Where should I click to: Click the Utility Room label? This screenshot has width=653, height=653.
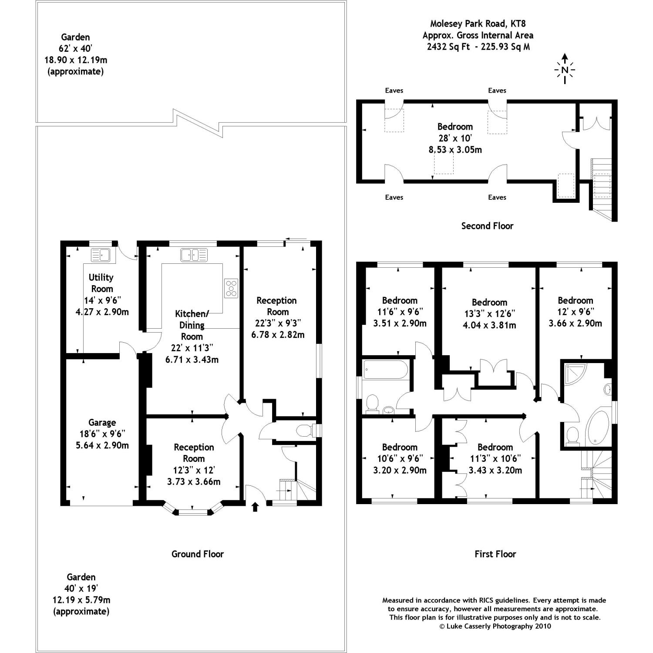click(101, 283)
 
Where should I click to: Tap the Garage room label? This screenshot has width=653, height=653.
click(102, 422)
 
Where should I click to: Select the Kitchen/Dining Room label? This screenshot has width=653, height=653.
click(192, 325)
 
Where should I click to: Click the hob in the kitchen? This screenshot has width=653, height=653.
click(231, 288)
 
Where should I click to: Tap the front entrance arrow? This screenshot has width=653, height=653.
click(255, 507)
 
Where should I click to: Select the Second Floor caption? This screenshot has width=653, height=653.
click(487, 226)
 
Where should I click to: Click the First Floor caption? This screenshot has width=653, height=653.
click(495, 554)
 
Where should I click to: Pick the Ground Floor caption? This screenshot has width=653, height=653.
click(197, 554)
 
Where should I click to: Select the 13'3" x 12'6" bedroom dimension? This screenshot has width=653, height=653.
click(489, 313)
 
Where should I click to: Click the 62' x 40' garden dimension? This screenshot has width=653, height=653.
click(75, 49)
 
